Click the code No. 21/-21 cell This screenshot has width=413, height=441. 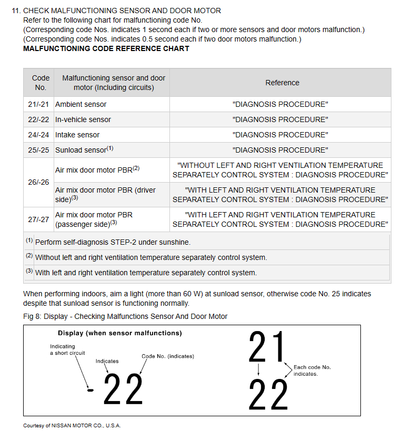pos(38,104)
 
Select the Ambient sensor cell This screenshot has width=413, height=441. pos(81,104)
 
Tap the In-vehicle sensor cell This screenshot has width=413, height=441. pos(83,119)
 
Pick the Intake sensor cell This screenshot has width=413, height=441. pos(77,135)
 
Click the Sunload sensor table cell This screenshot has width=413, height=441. pos(84,150)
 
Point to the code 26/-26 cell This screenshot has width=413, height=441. pos(38,182)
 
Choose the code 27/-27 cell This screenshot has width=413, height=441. pos(38,219)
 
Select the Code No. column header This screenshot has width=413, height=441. pos(41,83)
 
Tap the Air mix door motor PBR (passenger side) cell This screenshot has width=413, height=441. pos(94,219)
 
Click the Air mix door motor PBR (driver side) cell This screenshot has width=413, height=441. pos(105,195)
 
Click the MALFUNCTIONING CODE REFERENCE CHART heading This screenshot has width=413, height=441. pos(106,48)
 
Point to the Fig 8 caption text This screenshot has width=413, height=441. pos(125,316)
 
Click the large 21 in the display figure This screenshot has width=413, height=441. pos(268,347)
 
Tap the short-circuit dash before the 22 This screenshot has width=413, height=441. pos(90,390)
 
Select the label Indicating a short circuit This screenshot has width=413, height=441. pos(67,349)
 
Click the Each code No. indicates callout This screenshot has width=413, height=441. pos(312,370)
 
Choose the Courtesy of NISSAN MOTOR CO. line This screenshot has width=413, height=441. pos(72,425)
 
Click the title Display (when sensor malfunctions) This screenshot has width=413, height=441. pos(119,333)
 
